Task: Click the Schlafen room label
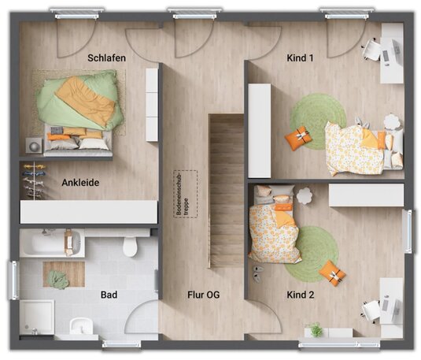(106, 58)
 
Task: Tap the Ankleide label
(80, 183)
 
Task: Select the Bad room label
(109, 295)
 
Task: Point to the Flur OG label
(204, 295)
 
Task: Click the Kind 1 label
(300, 58)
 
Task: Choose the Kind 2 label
(300, 295)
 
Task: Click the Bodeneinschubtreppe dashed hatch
(186, 194)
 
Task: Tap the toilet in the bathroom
(130, 246)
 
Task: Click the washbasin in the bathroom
(80, 326)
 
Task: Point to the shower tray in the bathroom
(37, 317)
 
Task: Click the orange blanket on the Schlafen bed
(86, 100)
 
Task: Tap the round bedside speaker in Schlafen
(34, 146)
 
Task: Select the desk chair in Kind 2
(371, 310)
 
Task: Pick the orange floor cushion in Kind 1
(298, 138)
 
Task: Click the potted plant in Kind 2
(315, 329)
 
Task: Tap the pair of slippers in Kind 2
(257, 273)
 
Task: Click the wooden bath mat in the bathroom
(64, 274)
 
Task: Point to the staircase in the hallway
(227, 191)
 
